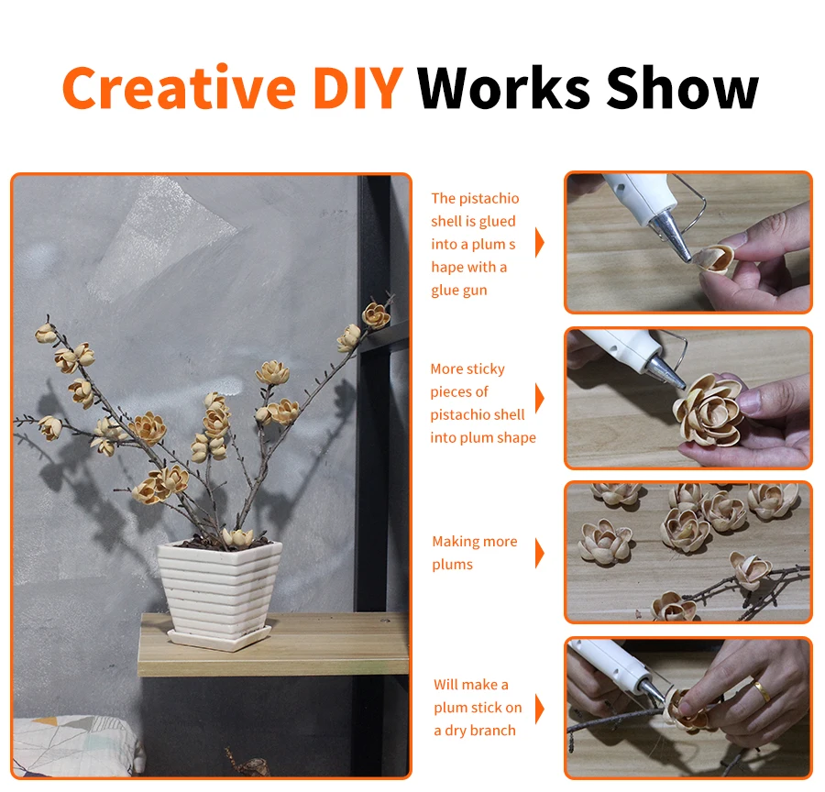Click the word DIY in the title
[358, 88]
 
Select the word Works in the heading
[503, 88]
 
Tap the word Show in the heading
[682, 88]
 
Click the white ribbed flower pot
[219, 588]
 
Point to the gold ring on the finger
[761, 689]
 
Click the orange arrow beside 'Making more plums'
[539, 553]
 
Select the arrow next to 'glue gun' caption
[539, 243]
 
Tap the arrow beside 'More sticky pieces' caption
[539, 398]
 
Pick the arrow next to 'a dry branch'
[539, 709]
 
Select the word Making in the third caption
[456, 542]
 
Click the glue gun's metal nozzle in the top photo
[669, 236]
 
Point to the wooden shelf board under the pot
[273, 644]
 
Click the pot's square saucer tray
[219, 638]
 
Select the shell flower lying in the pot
[237, 537]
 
